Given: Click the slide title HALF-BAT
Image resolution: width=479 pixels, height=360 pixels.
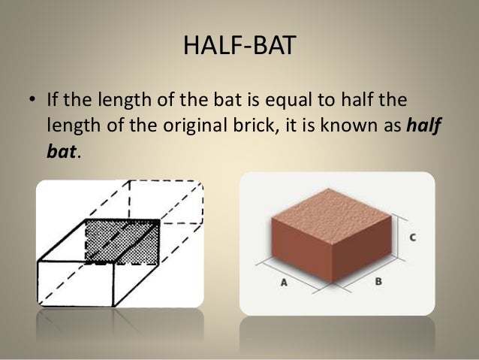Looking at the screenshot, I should coord(239,47).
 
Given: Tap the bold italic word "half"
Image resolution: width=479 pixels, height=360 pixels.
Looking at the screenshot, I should coord(422,126).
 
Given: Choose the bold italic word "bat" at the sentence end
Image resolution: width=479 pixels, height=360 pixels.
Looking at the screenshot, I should coord(61,150).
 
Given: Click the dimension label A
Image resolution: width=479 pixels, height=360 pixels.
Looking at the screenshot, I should coord(285,283).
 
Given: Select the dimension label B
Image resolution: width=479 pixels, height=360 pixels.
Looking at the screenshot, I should coord(378,283).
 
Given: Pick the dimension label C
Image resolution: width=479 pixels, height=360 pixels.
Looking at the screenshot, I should coord(412,237).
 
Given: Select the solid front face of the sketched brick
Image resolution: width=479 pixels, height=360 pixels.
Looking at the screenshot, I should coord(75,283).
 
